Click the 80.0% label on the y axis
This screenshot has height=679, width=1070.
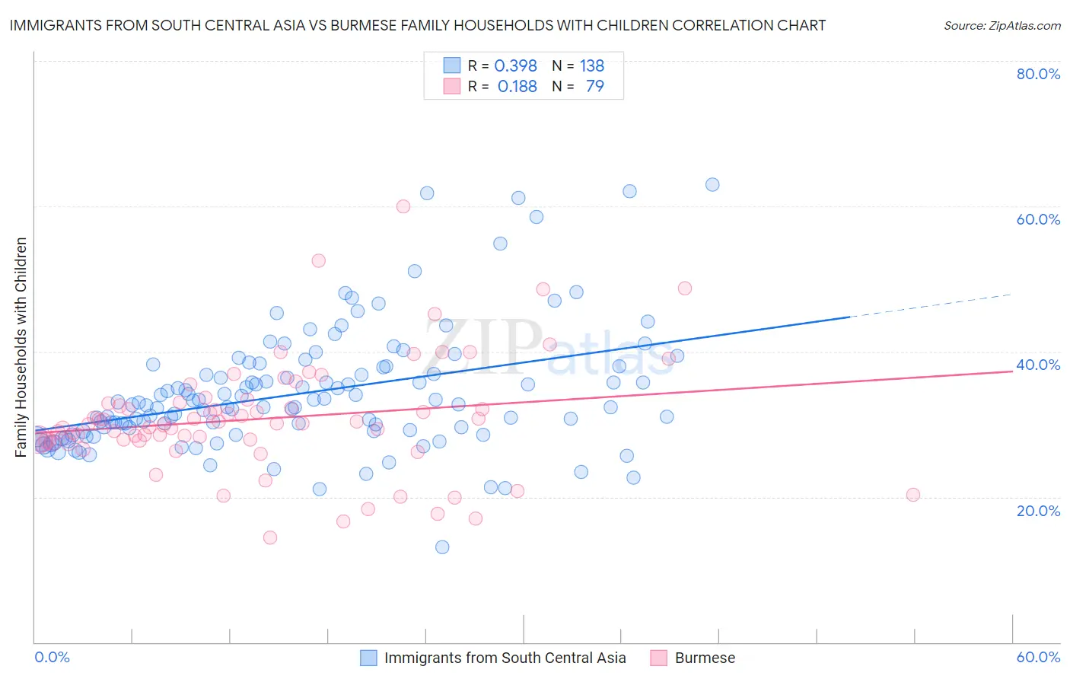[x=1038, y=74]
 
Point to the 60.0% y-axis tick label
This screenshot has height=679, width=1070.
[x=1038, y=219]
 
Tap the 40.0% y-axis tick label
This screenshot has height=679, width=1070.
[x=1038, y=365]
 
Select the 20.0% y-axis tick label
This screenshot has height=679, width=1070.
[x=1038, y=510]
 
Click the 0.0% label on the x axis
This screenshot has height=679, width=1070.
[x=52, y=657]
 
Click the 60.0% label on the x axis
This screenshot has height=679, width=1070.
[x=1038, y=657]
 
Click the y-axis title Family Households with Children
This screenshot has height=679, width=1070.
[x=21, y=347]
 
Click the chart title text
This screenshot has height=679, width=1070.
[x=417, y=25]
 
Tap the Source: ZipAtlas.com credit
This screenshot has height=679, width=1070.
[x=1002, y=25]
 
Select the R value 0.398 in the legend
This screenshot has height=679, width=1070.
[x=515, y=65]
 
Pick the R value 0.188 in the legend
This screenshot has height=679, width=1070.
[x=517, y=86]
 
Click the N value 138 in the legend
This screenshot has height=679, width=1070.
[x=591, y=65]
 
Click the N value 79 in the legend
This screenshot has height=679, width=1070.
[x=594, y=86]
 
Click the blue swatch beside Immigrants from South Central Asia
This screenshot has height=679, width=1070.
[x=368, y=658]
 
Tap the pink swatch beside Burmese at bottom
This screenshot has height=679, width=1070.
[x=658, y=658]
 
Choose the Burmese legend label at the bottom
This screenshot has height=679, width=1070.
[x=705, y=658]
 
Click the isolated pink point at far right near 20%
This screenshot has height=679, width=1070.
[x=913, y=495]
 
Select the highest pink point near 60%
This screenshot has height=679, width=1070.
[x=403, y=206]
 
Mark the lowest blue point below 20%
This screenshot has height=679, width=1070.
[x=442, y=547]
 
